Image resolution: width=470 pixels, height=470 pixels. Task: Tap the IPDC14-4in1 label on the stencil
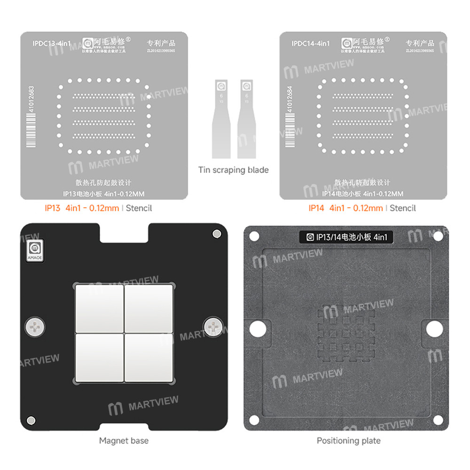[x=310, y=43]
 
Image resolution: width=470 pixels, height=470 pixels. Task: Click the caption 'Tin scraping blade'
[x=233, y=170]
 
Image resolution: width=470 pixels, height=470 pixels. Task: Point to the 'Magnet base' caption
[x=124, y=440]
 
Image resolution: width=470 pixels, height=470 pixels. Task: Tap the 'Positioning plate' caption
[x=348, y=440]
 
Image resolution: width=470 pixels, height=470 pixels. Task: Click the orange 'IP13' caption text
[x=52, y=208]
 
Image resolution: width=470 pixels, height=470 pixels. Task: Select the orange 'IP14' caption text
[x=316, y=208]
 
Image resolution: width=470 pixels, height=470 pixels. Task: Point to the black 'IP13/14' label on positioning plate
[x=347, y=238]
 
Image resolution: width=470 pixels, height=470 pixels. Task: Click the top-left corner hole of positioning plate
[x=255, y=236]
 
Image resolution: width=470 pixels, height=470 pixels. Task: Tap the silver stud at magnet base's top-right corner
[x=216, y=234]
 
